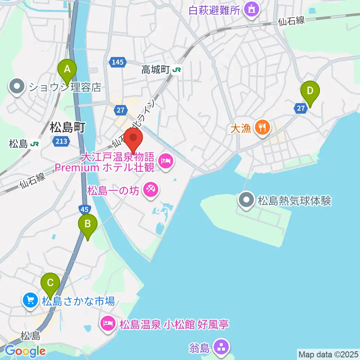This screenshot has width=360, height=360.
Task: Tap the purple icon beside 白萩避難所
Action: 251,9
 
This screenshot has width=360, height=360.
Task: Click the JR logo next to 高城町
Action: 177,70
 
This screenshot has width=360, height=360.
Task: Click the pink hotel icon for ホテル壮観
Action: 165,162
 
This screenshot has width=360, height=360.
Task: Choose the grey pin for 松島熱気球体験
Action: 246,200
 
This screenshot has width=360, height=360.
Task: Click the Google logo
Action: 25,351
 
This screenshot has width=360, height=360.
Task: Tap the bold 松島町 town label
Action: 67,127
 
